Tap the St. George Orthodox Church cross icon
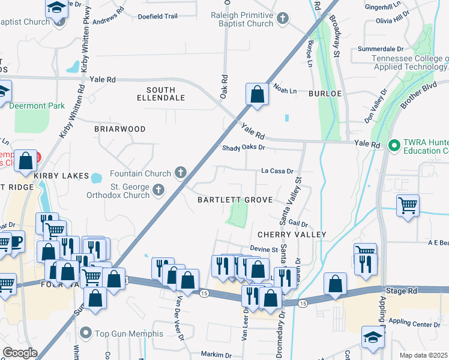click(158, 190)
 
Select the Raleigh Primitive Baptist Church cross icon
click(285, 18)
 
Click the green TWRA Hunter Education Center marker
click(394, 145)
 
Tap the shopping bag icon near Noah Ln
click(257, 94)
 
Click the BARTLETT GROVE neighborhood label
click(236, 200)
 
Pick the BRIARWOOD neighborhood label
click(120, 129)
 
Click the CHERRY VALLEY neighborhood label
click(292, 234)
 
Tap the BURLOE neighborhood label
click(325, 94)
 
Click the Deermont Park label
click(37, 106)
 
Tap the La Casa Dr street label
click(277, 171)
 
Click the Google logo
click(20, 352)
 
